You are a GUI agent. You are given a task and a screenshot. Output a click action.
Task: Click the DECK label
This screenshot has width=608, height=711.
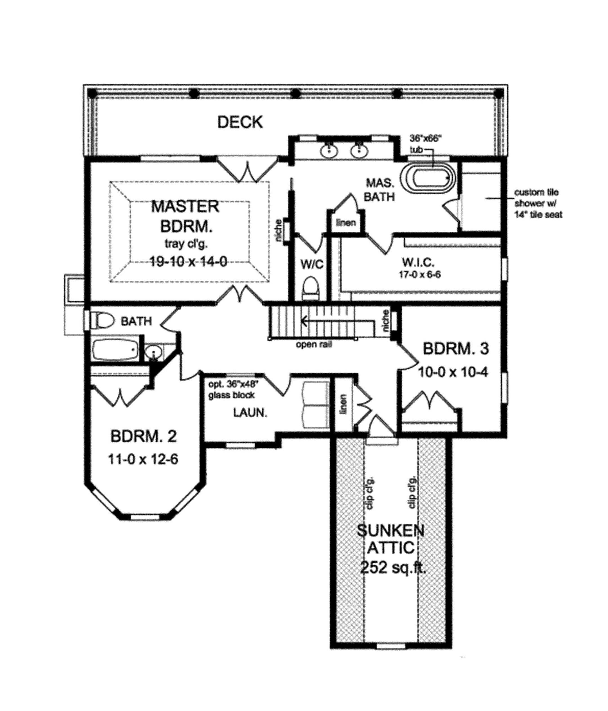[240, 122]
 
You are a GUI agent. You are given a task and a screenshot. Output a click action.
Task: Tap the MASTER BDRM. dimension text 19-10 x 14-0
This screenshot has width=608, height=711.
[188, 262]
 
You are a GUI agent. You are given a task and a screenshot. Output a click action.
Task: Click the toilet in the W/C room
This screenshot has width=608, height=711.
[311, 288]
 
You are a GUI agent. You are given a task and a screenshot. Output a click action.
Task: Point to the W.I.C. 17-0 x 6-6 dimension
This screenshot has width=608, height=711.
[418, 275]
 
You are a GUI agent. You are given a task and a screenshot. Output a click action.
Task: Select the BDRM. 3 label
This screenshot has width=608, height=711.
[455, 349]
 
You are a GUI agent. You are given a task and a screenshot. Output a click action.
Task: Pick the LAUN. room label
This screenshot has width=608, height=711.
[250, 413]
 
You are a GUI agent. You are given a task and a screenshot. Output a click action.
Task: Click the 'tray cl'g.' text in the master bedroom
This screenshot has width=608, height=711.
[185, 244]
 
